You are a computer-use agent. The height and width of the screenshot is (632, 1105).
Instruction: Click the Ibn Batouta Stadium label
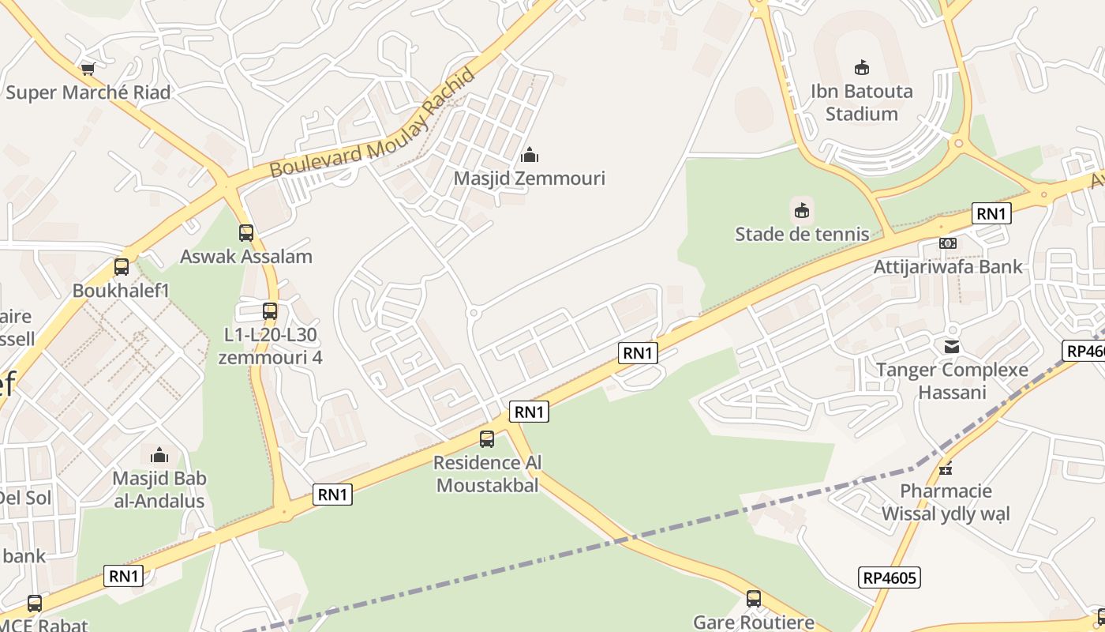[862, 102]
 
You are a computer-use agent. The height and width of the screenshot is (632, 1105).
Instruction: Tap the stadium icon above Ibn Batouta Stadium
[862, 68]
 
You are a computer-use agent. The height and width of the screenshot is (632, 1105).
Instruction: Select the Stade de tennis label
[802, 234]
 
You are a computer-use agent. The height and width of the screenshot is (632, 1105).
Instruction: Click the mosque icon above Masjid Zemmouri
[530, 155]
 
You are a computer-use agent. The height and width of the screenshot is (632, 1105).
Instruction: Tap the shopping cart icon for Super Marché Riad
[88, 70]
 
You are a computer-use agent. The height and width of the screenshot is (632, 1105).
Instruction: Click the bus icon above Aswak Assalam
[246, 233]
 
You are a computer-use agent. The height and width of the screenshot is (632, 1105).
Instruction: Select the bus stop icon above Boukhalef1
[122, 267]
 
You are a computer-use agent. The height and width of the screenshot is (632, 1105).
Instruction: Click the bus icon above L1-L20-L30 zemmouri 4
[270, 311]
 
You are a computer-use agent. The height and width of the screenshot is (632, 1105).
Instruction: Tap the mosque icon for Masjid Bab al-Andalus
[159, 455]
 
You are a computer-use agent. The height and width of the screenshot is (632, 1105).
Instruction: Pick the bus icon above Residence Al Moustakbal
[487, 439]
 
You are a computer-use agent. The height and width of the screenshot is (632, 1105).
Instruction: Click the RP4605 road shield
[890, 577]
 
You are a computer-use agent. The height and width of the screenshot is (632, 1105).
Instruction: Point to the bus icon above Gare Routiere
[754, 599]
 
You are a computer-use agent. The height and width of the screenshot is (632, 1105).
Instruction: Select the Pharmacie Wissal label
[946, 502]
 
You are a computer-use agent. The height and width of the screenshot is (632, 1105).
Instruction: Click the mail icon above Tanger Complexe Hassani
[952, 346]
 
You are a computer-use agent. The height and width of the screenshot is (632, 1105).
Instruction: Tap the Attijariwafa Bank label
[948, 266]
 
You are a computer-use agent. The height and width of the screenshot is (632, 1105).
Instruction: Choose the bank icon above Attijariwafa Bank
[948, 243]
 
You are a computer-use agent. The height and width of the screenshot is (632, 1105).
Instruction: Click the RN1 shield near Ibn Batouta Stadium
[991, 213]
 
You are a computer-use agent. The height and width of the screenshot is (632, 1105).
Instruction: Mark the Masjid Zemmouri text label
[529, 178]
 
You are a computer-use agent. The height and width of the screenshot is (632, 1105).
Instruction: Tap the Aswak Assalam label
[246, 256]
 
